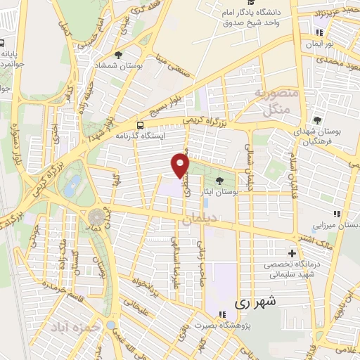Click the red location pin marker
[181, 165]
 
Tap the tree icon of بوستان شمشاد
[117, 54]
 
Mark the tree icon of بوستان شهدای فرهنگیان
[318, 120]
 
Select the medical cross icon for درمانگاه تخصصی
[292, 253]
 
